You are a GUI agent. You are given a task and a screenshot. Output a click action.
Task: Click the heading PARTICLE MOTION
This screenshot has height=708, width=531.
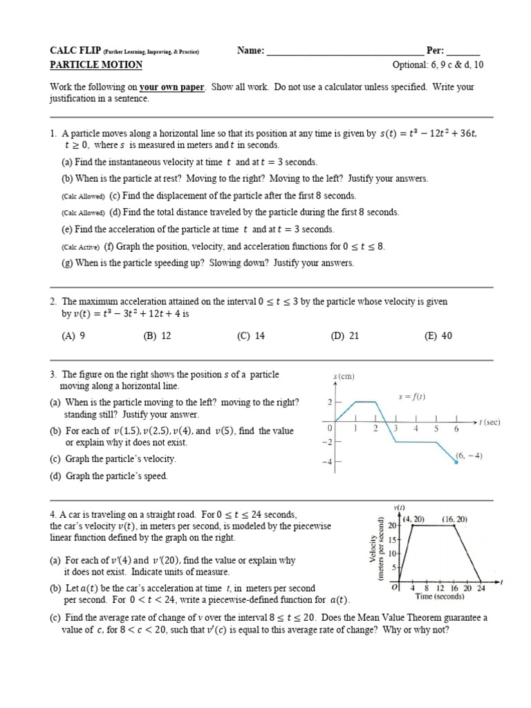coord(96,65)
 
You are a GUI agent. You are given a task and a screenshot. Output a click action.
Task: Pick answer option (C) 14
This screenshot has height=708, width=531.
coord(250,336)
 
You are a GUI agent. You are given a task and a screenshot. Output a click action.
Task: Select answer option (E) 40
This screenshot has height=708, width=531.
coord(438,336)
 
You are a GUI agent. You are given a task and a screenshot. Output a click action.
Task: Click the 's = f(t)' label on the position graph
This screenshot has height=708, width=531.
coord(412,397)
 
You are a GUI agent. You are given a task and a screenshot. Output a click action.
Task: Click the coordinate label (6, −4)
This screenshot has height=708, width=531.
coord(469,455)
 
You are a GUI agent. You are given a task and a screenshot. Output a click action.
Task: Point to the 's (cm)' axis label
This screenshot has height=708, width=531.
coord(344,376)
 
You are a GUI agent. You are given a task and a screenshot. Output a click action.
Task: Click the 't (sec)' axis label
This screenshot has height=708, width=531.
coord(487,421)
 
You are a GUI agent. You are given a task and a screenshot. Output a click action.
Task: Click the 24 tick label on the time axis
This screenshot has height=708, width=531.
coord(481,588)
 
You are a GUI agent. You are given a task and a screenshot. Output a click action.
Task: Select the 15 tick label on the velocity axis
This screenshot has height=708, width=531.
coord(392,539)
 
